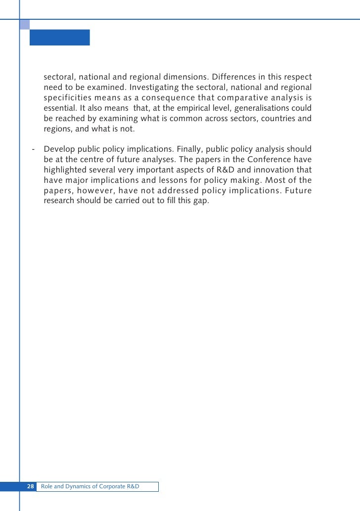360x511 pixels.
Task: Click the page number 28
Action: coord(30,487)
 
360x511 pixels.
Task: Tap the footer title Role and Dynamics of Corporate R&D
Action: coord(90,487)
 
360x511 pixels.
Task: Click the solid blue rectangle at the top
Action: coord(60,38)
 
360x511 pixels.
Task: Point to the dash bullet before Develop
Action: coord(33,149)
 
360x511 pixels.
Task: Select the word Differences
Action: coord(232,78)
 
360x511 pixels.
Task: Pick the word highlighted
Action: coord(65,170)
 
